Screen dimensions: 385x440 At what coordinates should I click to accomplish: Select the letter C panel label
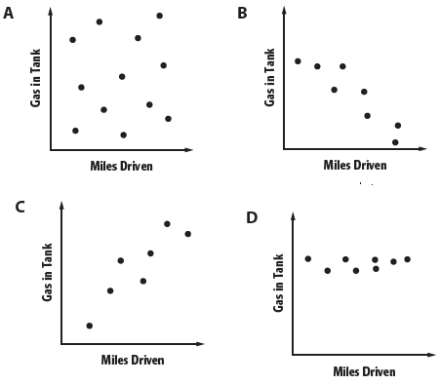(x=20, y=207)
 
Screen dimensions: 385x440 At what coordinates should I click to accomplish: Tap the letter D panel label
(x=252, y=215)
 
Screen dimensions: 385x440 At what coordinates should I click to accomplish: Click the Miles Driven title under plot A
(x=121, y=166)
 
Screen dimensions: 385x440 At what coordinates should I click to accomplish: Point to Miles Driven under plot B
(x=355, y=165)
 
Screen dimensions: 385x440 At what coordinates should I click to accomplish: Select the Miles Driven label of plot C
(x=133, y=360)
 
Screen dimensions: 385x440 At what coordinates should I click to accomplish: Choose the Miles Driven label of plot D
(x=364, y=371)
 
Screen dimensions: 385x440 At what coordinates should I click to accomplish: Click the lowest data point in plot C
(x=90, y=326)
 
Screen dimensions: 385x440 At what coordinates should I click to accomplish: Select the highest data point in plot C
(x=167, y=223)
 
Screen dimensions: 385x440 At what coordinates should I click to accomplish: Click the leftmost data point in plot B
(x=298, y=60)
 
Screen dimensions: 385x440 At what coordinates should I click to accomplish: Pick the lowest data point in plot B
(x=395, y=142)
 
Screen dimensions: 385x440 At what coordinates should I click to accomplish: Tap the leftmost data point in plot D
(x=308, y=258)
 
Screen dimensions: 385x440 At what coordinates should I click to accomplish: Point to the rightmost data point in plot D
(x=407, y=258)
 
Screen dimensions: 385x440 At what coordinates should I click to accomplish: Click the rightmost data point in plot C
(x=187, y=234)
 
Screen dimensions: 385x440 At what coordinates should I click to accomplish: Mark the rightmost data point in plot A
(x=168, y=119)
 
